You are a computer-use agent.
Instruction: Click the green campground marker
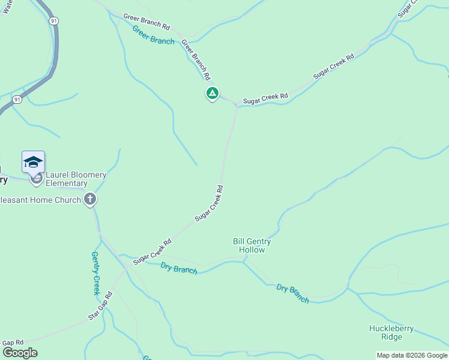click(x=212, y=93)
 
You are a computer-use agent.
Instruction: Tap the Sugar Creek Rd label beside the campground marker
click(x=265, y=98)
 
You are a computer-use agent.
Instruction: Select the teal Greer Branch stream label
click(x=153, y=35)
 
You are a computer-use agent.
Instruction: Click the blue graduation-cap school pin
click(x=33, y=162)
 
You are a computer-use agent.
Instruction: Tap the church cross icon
click(x=90, y=199)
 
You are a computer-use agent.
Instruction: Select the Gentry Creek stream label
click(x=95, y=273)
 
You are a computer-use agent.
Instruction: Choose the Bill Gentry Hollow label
click(x=252, y=245)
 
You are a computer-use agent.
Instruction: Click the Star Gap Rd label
click(x=100, y=305)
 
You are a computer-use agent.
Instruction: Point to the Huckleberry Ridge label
click(x=391, y=332)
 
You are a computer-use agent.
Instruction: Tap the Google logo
click(x=20, y=353)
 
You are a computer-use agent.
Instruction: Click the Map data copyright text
click(x=412, y=355)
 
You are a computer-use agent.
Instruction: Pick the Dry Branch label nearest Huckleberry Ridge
click(x=293, y=293)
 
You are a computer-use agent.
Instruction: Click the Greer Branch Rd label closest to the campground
click(x=196, y=60)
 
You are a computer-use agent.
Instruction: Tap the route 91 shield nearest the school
click(x=17, y=100)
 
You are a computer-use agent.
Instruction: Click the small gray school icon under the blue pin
click(x=36, y=178)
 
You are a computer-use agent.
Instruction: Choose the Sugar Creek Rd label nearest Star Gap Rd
click(x=152, y=251)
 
